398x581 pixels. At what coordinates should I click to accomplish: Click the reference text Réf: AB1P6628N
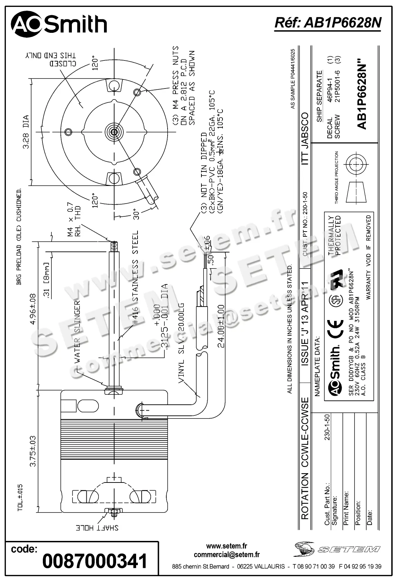tap(328, 23)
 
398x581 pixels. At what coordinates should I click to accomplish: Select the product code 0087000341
tap(95, 561)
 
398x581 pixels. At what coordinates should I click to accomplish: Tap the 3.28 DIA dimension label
tap(26, 132)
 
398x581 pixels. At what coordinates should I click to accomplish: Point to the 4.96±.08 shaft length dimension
tap(33, 309)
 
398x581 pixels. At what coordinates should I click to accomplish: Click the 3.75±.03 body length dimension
tap(33, 451)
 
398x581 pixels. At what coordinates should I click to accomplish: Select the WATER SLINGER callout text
tap(77, 331)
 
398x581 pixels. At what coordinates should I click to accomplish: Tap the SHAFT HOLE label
tap(97, 528)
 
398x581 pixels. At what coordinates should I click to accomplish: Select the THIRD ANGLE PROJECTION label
tap(337, 177)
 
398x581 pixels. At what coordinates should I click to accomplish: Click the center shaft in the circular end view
tap(114, 131)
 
